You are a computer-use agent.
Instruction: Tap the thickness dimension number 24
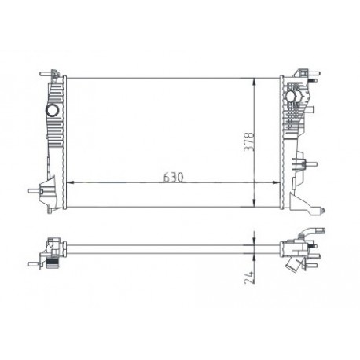pyautogui.click(x=249, y=276)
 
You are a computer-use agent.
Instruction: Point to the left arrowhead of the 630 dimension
pyautogui.click(x=72, y=182)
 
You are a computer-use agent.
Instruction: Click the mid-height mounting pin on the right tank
pyautogui.click(x=312, y=166)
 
